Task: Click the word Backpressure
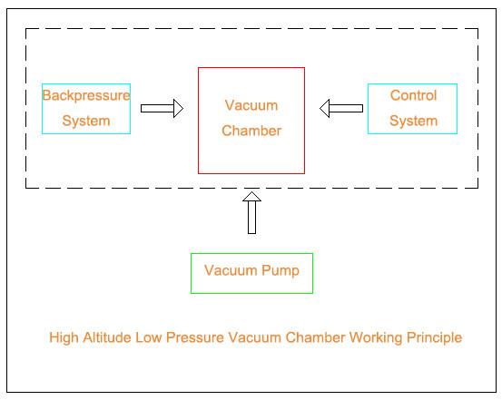[x=86, y=95]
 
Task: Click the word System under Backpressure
[x=86, y=121]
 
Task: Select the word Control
[x=413, y=95]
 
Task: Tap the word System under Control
[x=413, y=121]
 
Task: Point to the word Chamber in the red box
[x=251, y=131]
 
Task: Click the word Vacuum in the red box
[x=251, y=105]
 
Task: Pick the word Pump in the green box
[x=281, y=270]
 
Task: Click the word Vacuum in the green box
[x=231, y=270]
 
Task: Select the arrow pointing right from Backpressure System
[x=162, y=109]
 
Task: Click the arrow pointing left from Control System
[x=341, y=109]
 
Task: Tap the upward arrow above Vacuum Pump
[x=252, y=213]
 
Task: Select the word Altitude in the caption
[x=106, y=337]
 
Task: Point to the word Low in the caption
[x=148, y=337]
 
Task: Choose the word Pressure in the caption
[x=194, y=337]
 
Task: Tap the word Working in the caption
[x=376, y=338]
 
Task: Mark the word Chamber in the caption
[x=315, y=337]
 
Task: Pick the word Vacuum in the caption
[x=254, y=337]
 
